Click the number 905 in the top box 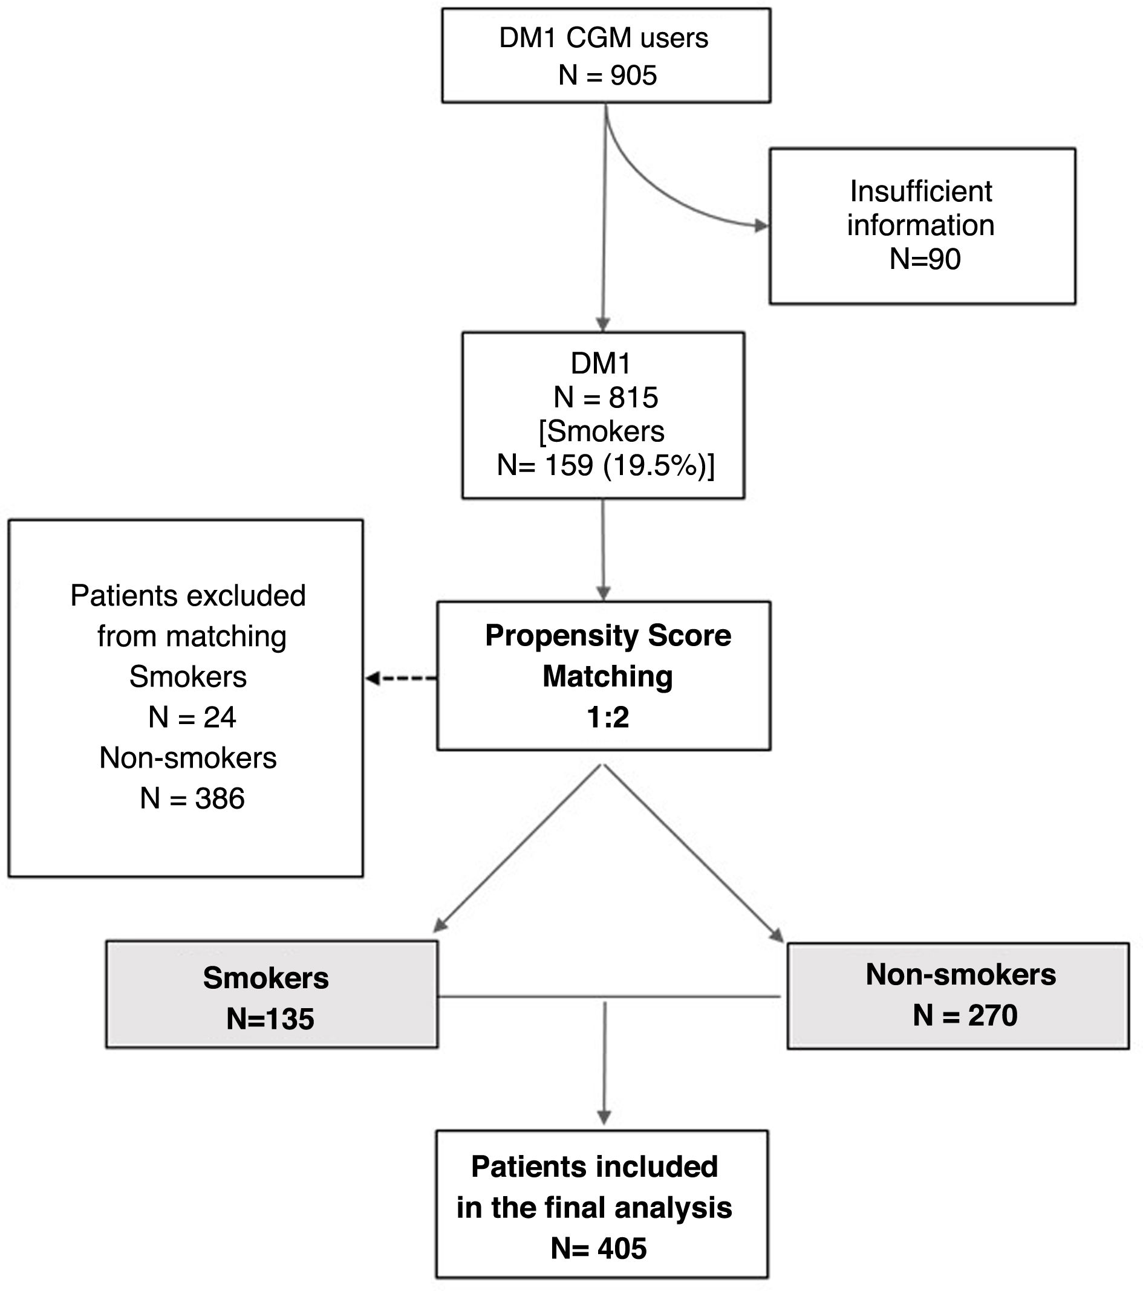[x=634, y=76]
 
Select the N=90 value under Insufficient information [x=925, y=259]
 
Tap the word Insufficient [x=921, y=192]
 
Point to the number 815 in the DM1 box [x=634, y=398]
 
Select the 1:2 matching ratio [x=608, y=717]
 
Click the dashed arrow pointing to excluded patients [x=401, y=679]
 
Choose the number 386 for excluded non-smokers [x=220, y=799]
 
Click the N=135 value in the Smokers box [x=270, y=1020]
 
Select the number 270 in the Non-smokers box [x=992, y=1015]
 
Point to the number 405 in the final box [x=622, y=1249]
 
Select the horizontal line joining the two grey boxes [x=610, y=997]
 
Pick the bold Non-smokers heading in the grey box [x=960, y=974]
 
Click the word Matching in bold [x=608, y=677]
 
